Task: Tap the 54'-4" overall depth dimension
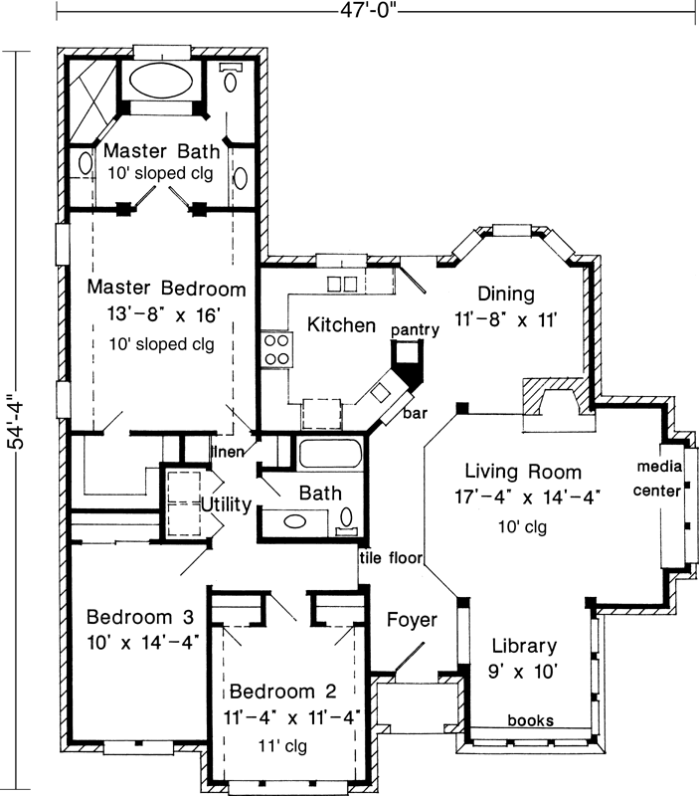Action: [x=13, y=423]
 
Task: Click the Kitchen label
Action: [x=341, y=325]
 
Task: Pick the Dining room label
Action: [x=505, y=295]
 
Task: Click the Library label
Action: [x=522, y=646]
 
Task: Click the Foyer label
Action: [x=411, y=620]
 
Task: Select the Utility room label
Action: [x=226, y=504]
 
